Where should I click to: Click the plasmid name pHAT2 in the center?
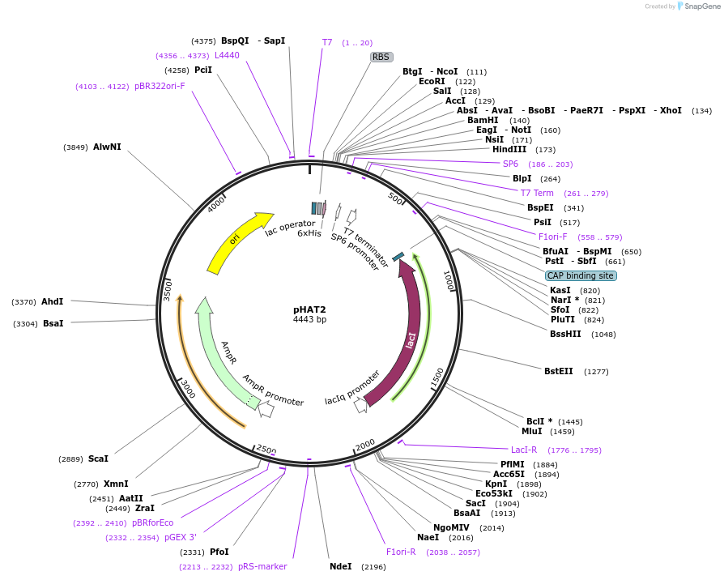[309, 309]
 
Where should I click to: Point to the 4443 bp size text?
[309, 320]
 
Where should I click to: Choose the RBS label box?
[381, 57]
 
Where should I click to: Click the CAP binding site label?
[581, 275]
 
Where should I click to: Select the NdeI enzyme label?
[341, 566]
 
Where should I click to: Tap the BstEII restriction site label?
[559, 371]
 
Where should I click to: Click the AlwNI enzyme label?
[107, 147]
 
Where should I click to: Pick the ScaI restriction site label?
[98, 458]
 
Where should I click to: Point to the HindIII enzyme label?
[509, 149]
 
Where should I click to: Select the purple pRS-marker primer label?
[262, 566]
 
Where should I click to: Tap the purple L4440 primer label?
[227, 55]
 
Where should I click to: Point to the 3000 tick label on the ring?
[188, 388]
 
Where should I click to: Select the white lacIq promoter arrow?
[361, 404]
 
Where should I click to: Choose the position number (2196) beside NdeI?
[373, 567]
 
